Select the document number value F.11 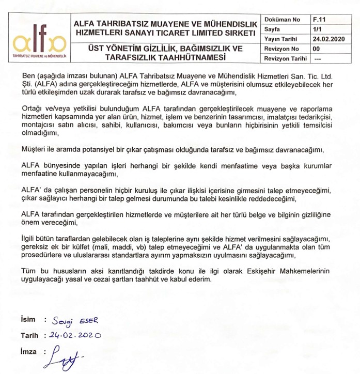click(319, 20)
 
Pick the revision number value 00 click(317, 49)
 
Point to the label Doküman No click(282, 20)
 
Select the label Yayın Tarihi click(282, 39)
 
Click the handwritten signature click(65, 356)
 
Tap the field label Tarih click(29, 335)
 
